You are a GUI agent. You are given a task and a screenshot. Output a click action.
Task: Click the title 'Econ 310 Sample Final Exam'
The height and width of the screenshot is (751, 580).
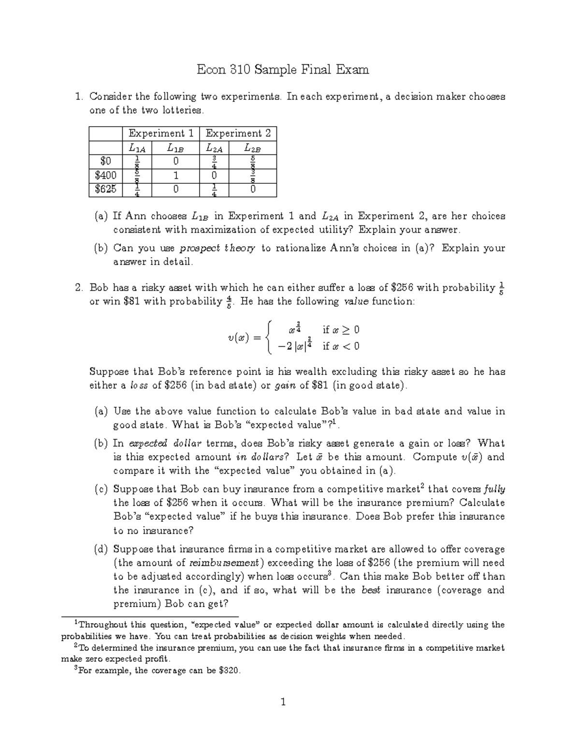pyautogui.click(x=283, y=70)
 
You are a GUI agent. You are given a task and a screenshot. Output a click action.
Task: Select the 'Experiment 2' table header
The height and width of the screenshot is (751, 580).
pyautogui.click(x=238, y=133)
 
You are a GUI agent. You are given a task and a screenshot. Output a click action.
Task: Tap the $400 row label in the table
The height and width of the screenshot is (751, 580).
pyautogui.click(x=106, y=176)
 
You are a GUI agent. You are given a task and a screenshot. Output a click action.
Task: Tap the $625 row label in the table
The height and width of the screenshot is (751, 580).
pyautogui.click(x=106, y=190)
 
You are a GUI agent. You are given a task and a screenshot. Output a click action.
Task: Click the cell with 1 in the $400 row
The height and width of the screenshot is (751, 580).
pyautogui.click(x=176, y=176)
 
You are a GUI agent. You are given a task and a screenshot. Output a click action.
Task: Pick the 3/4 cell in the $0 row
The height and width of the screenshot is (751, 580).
pyautogui.click(x=214, y=162)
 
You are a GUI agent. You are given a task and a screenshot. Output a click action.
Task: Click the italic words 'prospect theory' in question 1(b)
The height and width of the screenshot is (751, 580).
pyautogui.click(x=217, y=249)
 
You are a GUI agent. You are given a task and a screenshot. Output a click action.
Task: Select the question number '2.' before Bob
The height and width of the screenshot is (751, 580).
pyautogui.click(x=80, y=288)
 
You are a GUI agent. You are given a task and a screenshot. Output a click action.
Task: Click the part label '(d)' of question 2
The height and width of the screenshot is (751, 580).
pyautogui.click(x=101, y=549)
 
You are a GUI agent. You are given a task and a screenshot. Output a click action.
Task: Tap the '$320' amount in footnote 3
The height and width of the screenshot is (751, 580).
pyautogui.click(x=229, y=671)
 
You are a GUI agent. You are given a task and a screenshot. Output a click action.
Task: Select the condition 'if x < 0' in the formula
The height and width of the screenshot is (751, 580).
pyautogui.click(x=341, y=346)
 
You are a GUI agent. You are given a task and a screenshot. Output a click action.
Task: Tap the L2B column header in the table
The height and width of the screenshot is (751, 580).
pyautogui.click(x=252, y=148)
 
